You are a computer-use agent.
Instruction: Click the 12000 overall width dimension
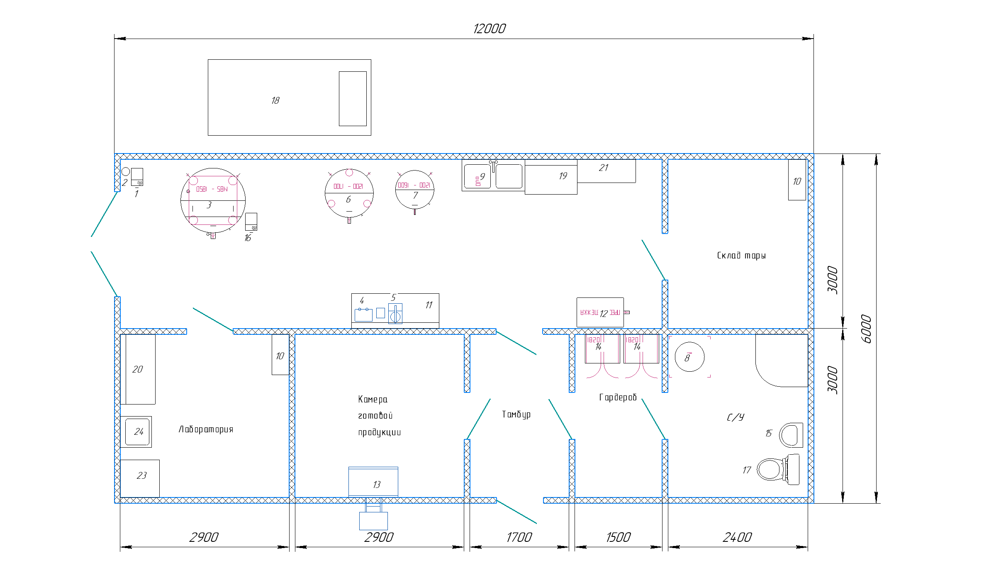tap(489, 29)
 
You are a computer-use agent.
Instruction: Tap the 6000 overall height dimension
tap(866, 329)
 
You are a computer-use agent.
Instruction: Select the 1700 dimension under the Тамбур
tap(519, 537)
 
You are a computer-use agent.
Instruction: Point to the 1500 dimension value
tap(618, 537)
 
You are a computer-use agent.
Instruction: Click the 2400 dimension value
tap(737, 537)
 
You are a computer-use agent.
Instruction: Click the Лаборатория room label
tap(206, 429)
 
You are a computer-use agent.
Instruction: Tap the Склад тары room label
tap(741, 256)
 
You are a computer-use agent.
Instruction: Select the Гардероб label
tap(618, 397)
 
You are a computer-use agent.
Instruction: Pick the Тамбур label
tap(516, 414)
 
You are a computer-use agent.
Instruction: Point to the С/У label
tap(736, 417)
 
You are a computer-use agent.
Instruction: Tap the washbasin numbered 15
tap(791, 435)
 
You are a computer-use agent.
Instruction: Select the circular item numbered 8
tap(689, 357)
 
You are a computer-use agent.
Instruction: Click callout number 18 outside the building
tap(275, 100)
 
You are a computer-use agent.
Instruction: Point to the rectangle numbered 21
tap(606, 171)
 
